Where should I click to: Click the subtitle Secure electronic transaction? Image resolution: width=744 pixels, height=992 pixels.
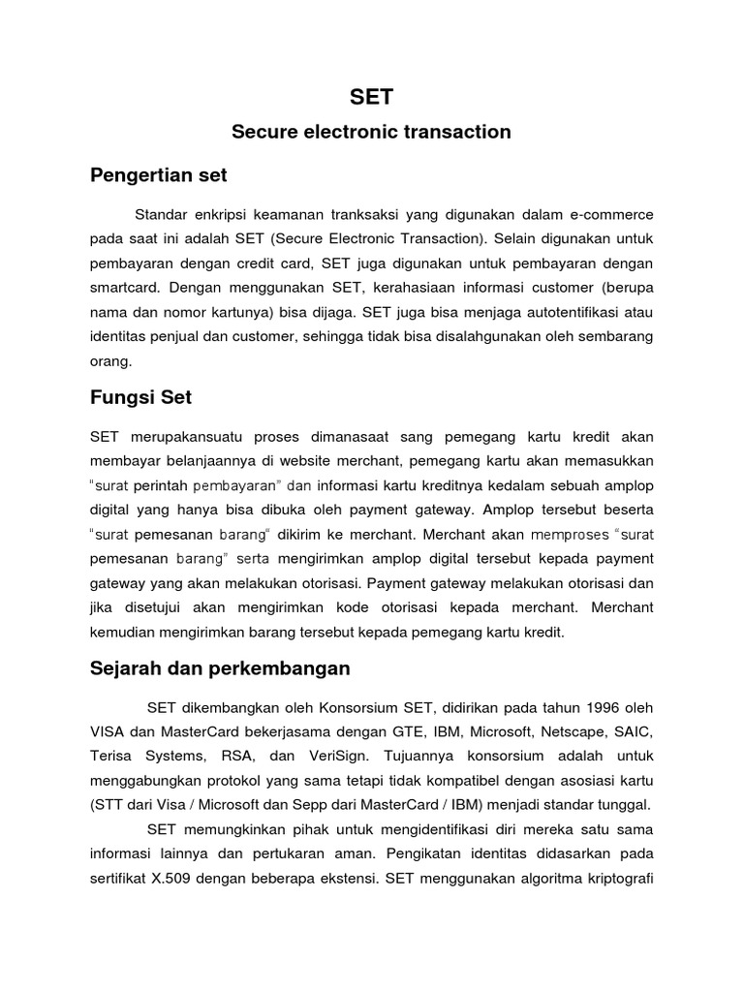(x=372, y=132)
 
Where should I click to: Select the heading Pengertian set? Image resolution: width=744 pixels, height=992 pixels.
(x=158, y=175)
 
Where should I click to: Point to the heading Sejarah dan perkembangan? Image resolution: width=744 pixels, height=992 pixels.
(x=220, y=668)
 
